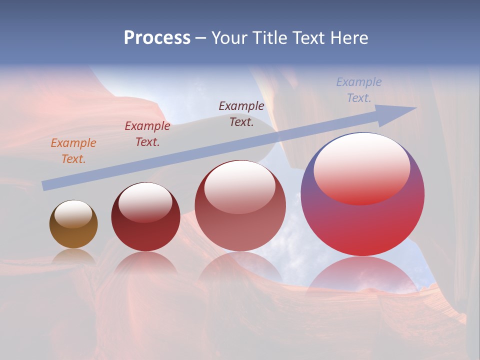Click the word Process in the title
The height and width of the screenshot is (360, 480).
(x=157, y=38)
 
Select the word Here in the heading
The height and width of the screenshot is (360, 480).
(x=349, y=38)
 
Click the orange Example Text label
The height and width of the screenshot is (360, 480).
(x=73, y=151)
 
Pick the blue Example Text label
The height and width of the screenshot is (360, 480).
(x=359, y=90)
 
